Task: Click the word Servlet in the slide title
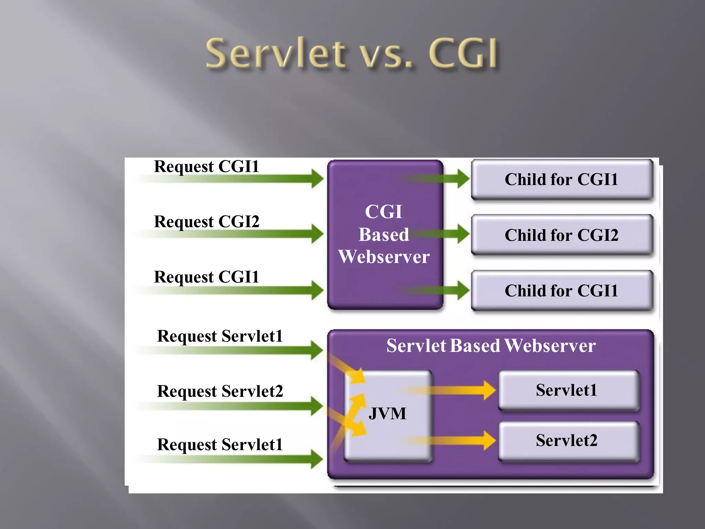[x=275, y=53]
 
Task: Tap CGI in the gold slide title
[x=463, y=53]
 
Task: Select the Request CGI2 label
[x=207, y=221]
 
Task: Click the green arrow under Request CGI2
[x=241, y=234]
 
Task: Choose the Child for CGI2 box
[x=561, y=235]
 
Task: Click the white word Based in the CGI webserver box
[x=384, y=235]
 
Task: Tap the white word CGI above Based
[x=383, y=211]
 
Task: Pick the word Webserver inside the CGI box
[x=384, y=257]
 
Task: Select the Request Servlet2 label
[x=220, y=391]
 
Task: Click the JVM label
[x=387, y=413]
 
